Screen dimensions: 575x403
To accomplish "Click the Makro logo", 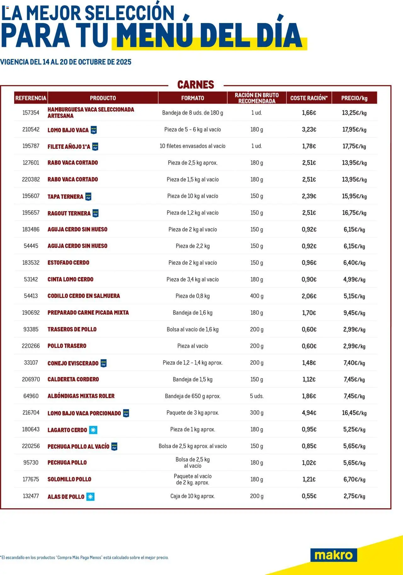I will (333, 555).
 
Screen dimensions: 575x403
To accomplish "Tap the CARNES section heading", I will (196, 85).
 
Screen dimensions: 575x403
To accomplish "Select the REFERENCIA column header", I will (31, 98).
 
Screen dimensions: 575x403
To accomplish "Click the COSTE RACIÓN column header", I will (309, 98).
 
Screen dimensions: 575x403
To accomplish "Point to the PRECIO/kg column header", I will (354, 98).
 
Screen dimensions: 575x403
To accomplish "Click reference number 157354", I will (31, 113).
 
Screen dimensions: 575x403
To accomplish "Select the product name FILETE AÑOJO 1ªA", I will (69, 146).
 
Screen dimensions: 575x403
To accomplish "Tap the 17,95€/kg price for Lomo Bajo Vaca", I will (354, 129).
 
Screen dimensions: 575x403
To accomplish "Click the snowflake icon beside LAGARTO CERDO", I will (93, 430).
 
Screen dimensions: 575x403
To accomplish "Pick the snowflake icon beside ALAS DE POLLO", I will (90, 497).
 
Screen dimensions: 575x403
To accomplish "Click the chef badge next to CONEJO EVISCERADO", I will (104, 363).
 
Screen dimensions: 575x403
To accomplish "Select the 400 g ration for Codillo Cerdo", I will (257, 296).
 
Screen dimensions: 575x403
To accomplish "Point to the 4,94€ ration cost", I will (309, 413).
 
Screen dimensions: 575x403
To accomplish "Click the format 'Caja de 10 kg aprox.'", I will (192, 496).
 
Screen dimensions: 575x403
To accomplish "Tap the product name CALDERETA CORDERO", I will (73, 379).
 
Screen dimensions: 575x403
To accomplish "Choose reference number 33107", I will (31, 363).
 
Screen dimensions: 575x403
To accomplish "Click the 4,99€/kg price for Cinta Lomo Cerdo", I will (354, 279).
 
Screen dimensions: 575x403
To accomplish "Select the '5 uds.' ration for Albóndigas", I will (257, 396).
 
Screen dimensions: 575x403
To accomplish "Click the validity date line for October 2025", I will (66, 62).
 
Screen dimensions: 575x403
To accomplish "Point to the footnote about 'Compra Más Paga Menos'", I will (84, 557).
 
